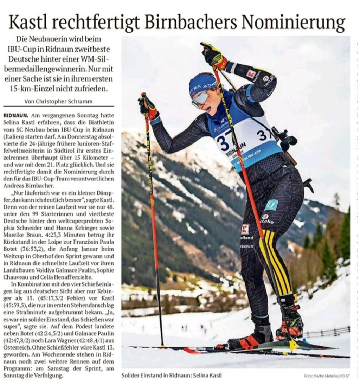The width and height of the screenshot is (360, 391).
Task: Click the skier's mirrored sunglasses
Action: (x=201, y=99)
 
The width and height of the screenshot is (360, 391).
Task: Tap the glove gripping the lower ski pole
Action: (x=148, y=107)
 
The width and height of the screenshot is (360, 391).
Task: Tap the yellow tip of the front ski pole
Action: (x=292, y=345)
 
